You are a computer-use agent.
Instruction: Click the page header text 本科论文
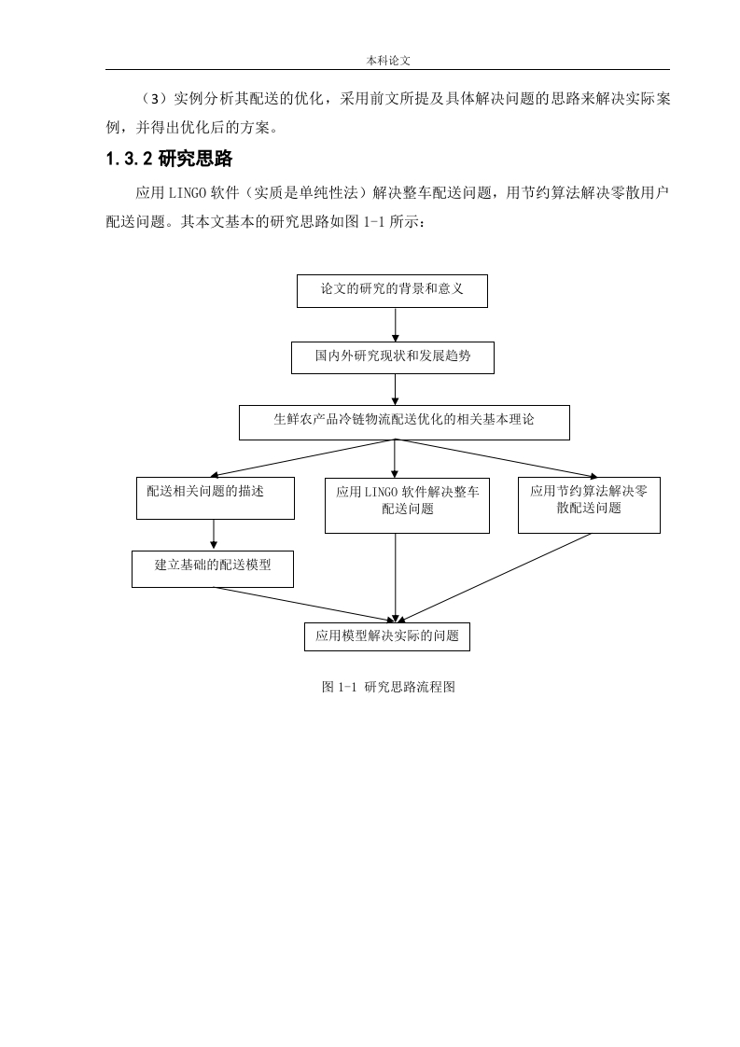[388, 60]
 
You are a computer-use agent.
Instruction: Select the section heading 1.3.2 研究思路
[169, 159]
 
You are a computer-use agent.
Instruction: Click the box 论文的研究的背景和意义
[392, 291]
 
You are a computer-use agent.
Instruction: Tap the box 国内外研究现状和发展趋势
[393, 358]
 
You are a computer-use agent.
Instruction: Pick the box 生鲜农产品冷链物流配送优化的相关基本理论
[404, 422]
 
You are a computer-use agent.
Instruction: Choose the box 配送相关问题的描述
[215, 498]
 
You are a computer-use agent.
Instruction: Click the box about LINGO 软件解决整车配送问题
[407, 506]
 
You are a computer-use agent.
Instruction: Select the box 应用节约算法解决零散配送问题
[589, 505]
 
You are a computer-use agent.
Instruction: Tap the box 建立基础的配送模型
[213, 569]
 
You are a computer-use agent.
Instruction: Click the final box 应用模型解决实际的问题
[387, 637]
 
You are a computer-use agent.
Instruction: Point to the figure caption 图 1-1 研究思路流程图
[389, 687]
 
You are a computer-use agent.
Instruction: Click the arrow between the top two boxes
[395, 325]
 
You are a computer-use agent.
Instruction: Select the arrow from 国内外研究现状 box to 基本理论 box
[395, 389]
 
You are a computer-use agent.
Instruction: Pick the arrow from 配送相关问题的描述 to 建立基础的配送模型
[214, 535]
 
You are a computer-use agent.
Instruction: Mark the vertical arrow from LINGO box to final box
[395, 579]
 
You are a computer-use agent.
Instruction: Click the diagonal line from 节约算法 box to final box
[494, 579]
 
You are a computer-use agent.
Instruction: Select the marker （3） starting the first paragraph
[153, 99]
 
